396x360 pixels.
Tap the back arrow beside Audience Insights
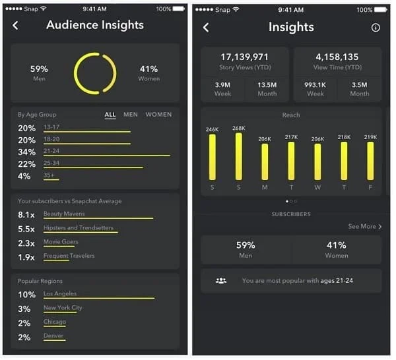[x=16, y=26]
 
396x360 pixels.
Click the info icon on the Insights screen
[x=376, y=28]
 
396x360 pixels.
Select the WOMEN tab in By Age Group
[x=158, y=115]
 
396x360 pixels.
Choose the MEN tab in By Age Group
[x=131, y=115]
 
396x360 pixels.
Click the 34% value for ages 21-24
[x=26, y=152]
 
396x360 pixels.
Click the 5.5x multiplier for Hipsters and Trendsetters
[x=26, y=228]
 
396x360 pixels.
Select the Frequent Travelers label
[x=69, y=256]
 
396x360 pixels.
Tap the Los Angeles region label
[x=60, y=293]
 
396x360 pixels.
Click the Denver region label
[x=53, y=336]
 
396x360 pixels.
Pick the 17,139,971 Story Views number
[x=245, y=57]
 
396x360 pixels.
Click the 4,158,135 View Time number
[x=337, y=57]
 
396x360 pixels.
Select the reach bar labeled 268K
[x=238, y=156]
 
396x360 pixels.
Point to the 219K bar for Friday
[x=370, y=161]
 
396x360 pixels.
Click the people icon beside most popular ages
[x=221, y=281]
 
